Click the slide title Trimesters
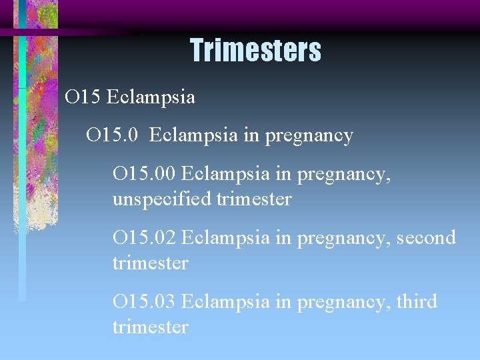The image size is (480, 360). [255, 51]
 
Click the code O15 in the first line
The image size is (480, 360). [82, 97]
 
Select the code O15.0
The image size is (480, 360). [113, 135]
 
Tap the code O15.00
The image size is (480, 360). [144, 174]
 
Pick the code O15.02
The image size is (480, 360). [144, 237]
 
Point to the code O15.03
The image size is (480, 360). [144, 301]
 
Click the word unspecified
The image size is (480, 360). [162, 199]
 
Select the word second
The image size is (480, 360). [427, 237]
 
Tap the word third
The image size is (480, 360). [417, 301]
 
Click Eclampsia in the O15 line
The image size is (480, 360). [151, 97]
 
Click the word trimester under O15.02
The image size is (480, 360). [151, 263]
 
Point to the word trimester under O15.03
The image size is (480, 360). [151, 327]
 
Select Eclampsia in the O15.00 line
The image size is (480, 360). [225, 174]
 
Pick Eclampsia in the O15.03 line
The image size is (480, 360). [225, 301]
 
